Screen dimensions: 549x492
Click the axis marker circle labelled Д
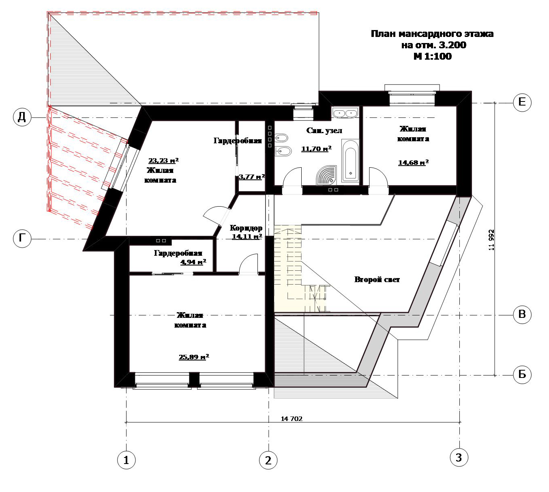pyautogui.click(x=22, y=117)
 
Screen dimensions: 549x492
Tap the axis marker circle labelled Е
pyautogui.click(x=522, y=102)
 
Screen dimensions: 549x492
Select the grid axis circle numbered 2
pyautogui.click(x=268, y=460)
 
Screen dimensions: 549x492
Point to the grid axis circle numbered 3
pyautogui.click(x=459, y=457)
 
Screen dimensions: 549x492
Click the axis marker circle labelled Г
pyautogui.click(x=22, y=239)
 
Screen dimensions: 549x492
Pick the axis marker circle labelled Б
pyautogui.click(x=522, y=375)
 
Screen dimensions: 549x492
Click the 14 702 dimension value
pyautogui.click(x=291, y=419)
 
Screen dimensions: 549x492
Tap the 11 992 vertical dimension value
pyautogui.click(x=491, y=240)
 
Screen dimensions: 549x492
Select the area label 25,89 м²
pyautogui.click(x=194, y=356)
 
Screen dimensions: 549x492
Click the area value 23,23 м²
pyautogui.click(x=163, y=160)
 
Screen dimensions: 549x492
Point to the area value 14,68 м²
pyautogui.click(x=413, y=162)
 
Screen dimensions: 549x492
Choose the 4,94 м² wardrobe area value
pyautogui.click(x=193, y=262)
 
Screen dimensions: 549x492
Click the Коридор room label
pyautogui.click(x=246, y=228)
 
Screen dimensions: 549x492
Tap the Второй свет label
pyautogui.click(x=377, y=280)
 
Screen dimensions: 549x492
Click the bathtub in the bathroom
pyautogui.click(x=350, y=161)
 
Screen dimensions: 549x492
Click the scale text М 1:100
pyautogui.click(x=433, y=56)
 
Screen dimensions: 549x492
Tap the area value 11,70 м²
pyautogui.click(x=316, y=149)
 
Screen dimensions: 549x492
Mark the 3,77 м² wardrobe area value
pyautogui.click(x=252, y=177)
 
